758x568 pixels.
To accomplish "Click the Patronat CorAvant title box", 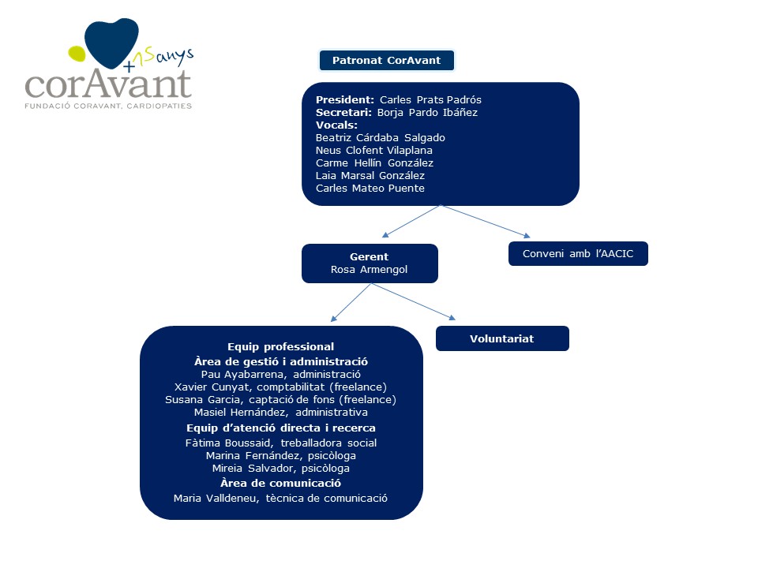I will click(x=386, y=60).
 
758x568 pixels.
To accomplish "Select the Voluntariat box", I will click(x=502, y=338).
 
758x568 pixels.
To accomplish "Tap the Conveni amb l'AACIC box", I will click(x=578, y=254).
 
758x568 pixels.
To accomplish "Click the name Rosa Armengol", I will click(x=369, y=270).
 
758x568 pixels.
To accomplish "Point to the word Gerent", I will click(x=369, y=256).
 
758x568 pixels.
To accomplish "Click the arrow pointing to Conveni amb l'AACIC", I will click(x=486, y=221).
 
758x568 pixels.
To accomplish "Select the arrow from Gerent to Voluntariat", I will click(x=415, y=301).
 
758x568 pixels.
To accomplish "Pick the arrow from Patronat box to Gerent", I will click(x=411, y=221).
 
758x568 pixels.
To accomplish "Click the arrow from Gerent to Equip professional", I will click(x=351, y=303).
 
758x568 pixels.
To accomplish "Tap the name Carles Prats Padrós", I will click(x=430, y=100).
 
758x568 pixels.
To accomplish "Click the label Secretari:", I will click(x=344, y=113).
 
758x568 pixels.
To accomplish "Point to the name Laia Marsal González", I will click(x=370, y=176).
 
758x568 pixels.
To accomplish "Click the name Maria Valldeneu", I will click(x=208, y=498).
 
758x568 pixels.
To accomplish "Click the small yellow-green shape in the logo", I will click(x=77, y=54).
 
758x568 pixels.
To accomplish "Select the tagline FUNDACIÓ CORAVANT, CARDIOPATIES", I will click(x=108, y=105).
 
